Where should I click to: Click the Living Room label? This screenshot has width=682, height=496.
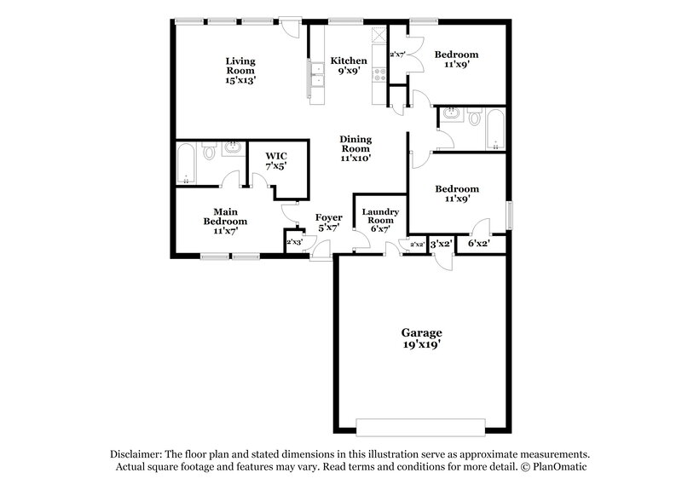pyautogui.click(x=240, y=70)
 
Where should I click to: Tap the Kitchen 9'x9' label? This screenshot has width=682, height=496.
pyautogui.click(x=349, y=66)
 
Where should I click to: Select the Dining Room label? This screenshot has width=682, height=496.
pyautogui.click(x=355, y=150)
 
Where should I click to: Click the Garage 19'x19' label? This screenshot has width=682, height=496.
pyautogui.click(x=422, y=337)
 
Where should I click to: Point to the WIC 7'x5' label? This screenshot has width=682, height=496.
pyautogui.click(x=275, y=161)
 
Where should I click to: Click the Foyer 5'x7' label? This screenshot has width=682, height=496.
pyautogui.click(x=329, y=222)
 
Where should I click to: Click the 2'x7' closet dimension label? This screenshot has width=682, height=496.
pyautogui.click(x=397, y=55)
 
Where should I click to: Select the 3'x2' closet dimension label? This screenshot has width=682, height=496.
pyautogui.click(x=440, y=244)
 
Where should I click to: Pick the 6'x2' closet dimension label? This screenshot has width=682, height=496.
pyautogui.click(x=478, y=244)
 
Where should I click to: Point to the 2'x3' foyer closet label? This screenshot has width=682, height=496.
pyautogui.click(x=294, y=243)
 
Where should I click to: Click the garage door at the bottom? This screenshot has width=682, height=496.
pyautogui.click(x=422, y=426)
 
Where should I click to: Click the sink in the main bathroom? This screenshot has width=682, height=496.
pyautogui.click(x=233, y=151)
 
